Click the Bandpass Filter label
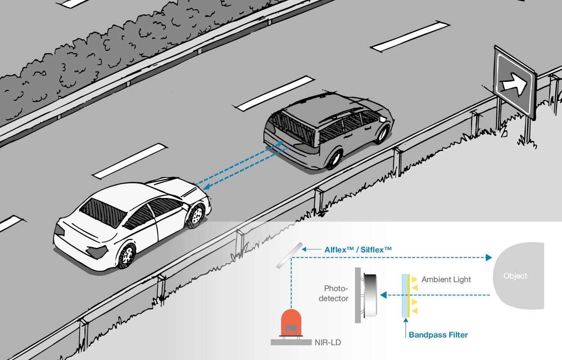438,335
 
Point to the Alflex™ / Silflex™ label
358,249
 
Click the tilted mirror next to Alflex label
290,255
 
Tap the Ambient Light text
446,279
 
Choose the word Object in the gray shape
515,276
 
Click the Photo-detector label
336,293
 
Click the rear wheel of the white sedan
127,255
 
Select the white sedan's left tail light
59,230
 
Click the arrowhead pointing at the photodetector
383,295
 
